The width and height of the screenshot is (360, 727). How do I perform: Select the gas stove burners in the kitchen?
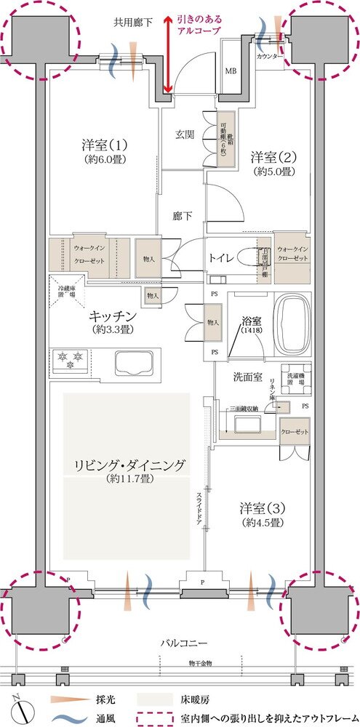[x=72, y=361]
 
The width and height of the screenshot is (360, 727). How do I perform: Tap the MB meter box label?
[x=231, y=71]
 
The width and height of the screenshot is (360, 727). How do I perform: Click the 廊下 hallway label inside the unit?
[x=182, y=216]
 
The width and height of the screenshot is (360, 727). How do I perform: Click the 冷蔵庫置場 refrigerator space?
[x=68, y=290]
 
